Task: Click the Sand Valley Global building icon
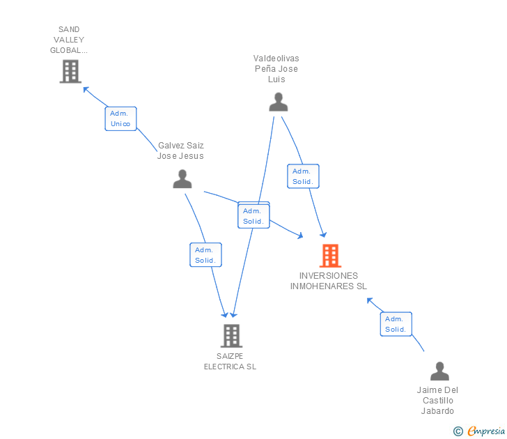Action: pos(70,71)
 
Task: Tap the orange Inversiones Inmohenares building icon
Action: pos(330,256)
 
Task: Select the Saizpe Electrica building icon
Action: pos(231,336)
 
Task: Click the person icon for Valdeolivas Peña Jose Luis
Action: pos(278,102)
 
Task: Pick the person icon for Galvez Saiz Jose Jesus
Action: pos(182,179)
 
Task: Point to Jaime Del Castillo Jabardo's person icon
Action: pos(439,371)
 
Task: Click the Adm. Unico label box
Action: pos(120,118)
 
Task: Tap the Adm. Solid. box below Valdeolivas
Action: pos(303,176)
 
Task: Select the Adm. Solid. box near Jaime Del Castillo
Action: pos(396,324)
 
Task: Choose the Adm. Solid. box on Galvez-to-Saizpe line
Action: pos(205,255)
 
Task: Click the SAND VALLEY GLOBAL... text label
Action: pos(69,40)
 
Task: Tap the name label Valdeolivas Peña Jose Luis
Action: pos(276,68)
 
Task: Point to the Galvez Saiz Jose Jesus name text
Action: pos(180,151)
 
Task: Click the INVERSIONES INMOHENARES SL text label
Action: pos(328,281)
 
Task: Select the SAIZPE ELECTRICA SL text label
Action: pos(230,361)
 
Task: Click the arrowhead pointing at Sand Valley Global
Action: pos(86,88)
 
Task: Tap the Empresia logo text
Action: pos(486,431)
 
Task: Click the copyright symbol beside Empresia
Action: pos(458,431)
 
